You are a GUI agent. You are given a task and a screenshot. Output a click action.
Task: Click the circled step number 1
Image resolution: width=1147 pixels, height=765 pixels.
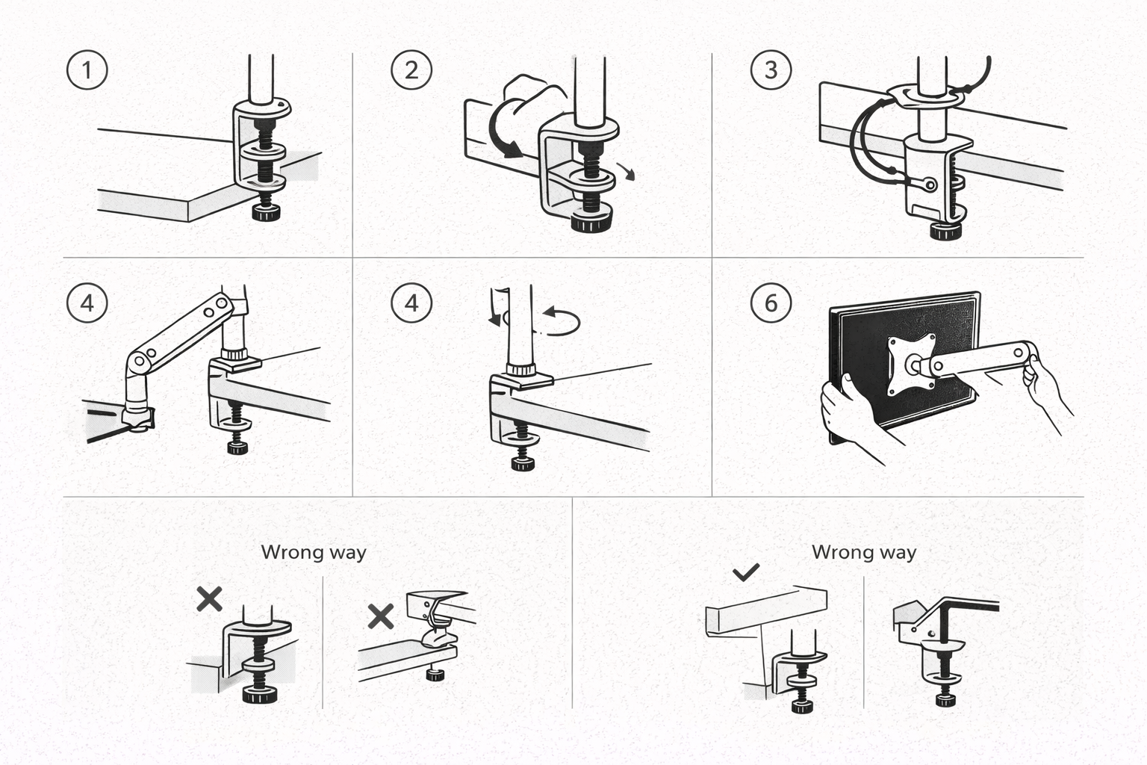[x=87, y=70]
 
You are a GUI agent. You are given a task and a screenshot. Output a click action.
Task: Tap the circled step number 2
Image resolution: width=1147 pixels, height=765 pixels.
[x=411, y=70]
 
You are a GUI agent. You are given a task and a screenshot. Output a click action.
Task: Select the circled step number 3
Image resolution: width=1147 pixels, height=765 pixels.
[x=771, y=70]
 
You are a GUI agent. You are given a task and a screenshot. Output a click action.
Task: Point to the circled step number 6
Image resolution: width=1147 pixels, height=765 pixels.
[x=771, y=303]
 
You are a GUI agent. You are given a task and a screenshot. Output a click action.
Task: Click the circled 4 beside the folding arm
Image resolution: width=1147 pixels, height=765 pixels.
[x=87, y=303]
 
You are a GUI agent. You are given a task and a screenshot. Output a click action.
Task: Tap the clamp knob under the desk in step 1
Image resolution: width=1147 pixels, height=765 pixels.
[x=266, y=214]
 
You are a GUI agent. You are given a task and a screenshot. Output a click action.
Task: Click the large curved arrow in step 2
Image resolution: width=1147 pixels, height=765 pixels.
[x=500, y=130]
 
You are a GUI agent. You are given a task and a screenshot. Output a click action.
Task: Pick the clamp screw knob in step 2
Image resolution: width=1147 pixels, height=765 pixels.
[x=591, y=222]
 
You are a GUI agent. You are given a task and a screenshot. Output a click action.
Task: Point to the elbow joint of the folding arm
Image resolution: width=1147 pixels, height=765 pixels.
[x=139, y=362]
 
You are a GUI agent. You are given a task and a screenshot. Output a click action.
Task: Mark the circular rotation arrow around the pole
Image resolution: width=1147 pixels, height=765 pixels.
[x=560, y=321]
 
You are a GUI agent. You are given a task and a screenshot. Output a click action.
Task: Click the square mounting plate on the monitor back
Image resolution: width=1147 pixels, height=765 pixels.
[x=912, y=365]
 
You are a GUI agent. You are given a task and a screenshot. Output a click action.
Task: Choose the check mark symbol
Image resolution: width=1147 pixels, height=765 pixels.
[x=746, y=572]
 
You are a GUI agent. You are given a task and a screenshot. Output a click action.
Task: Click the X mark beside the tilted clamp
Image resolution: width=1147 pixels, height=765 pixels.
[x=381, y=616]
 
